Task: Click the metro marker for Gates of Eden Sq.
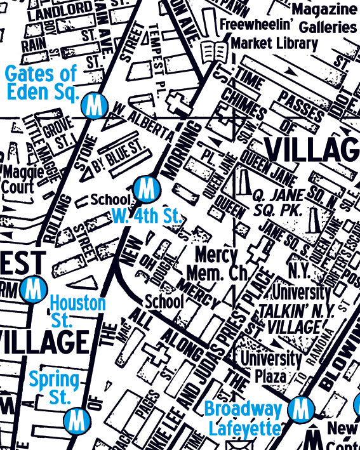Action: tap(95, 105)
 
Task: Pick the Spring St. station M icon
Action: tap(76, 419)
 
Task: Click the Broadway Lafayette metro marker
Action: tap(299, 409)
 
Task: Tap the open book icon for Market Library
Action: tap(213, 50)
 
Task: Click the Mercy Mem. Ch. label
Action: tap(216, 265)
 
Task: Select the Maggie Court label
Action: tap(23, 179)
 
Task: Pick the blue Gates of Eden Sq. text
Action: tap(41, 83)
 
